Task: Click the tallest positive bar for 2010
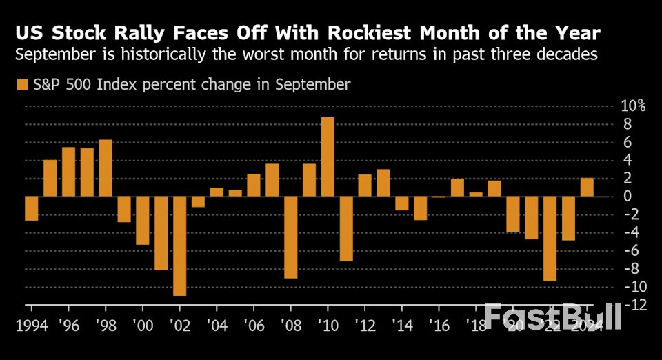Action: [x=328, y=157]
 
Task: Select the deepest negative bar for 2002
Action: [x=180, y=246]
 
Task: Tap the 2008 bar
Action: [x=290, y=237]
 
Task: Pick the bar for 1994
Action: [x=32, y=208]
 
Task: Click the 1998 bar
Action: [x=106, y=168]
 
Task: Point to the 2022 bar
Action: [x=550, y=239]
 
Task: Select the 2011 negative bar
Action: [x=346, y=228]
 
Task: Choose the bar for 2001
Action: [x=161, y=233]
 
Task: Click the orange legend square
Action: [x=21, y=85]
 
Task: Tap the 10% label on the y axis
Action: [x=632, y=106]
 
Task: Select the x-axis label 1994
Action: [x=32, y=325]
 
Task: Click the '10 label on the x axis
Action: [x=327, y=325]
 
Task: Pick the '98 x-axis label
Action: [x=105, y=325]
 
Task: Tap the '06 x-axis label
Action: [x=253, y=325]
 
